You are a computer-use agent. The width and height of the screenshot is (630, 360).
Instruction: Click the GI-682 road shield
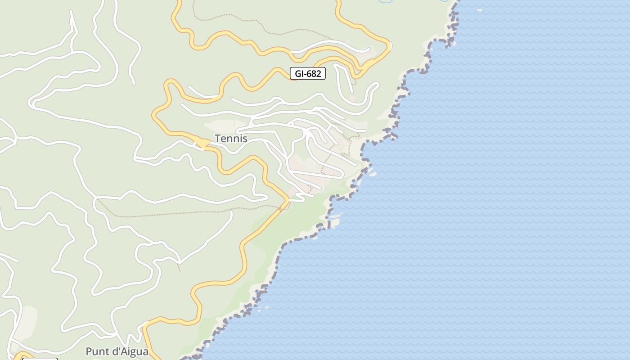(x=307, y=73)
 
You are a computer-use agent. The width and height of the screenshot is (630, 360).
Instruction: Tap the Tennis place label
(x=231, y=139)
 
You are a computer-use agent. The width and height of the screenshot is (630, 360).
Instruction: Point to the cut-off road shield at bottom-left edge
(x=40, y=359)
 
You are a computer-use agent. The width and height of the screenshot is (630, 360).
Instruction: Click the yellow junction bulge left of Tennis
(x=202, y=144)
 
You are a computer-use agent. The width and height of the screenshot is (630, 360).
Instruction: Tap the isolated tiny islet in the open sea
(x=479, y=10)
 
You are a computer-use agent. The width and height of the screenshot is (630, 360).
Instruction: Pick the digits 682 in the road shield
(x=314, y=73)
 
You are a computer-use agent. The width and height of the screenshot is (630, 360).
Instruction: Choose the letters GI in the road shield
(x=298, y=73)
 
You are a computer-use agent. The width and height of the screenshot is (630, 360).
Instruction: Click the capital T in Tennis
(x=218, y=139)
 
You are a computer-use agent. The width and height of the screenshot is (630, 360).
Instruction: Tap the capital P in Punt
(x=89, y=351)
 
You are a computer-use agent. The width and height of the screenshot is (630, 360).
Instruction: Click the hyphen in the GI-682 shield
(x=304, y=74)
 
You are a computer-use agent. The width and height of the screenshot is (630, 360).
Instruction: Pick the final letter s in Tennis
(x=245, y=139)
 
